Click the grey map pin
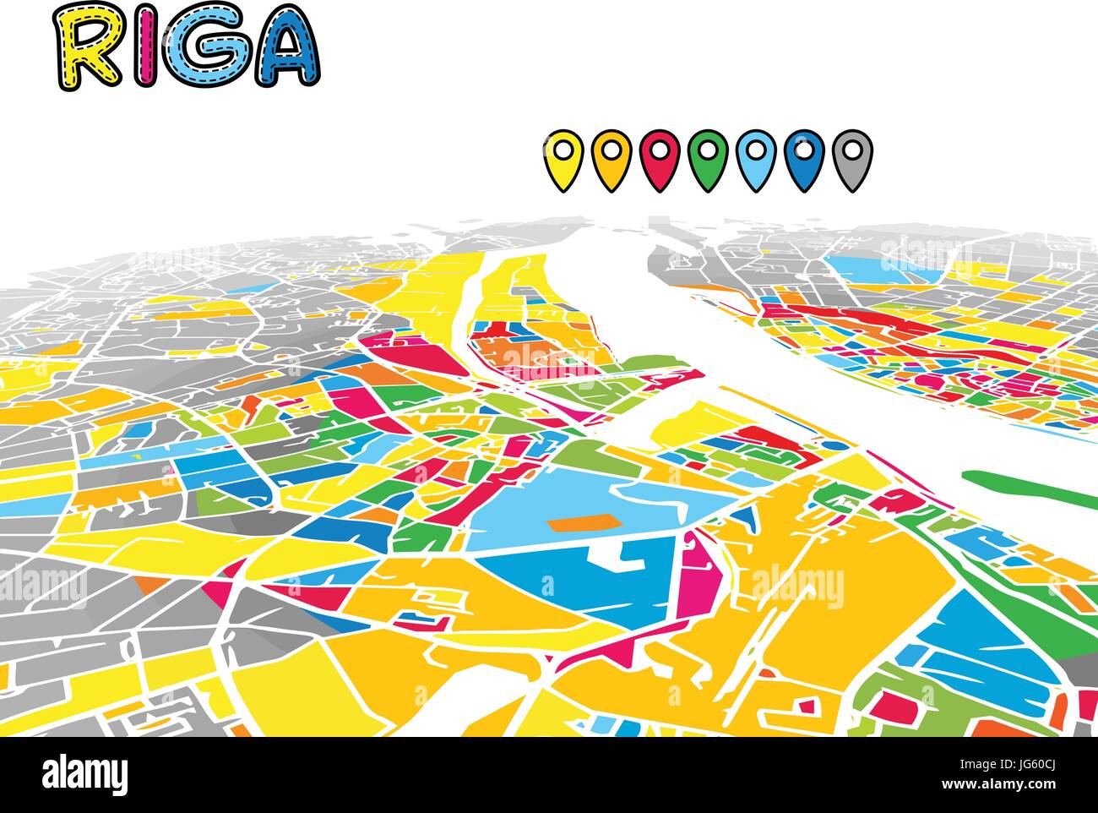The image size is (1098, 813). [851, 156]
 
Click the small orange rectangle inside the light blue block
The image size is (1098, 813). [583, 521]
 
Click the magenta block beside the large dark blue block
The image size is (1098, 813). [698, 583]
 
